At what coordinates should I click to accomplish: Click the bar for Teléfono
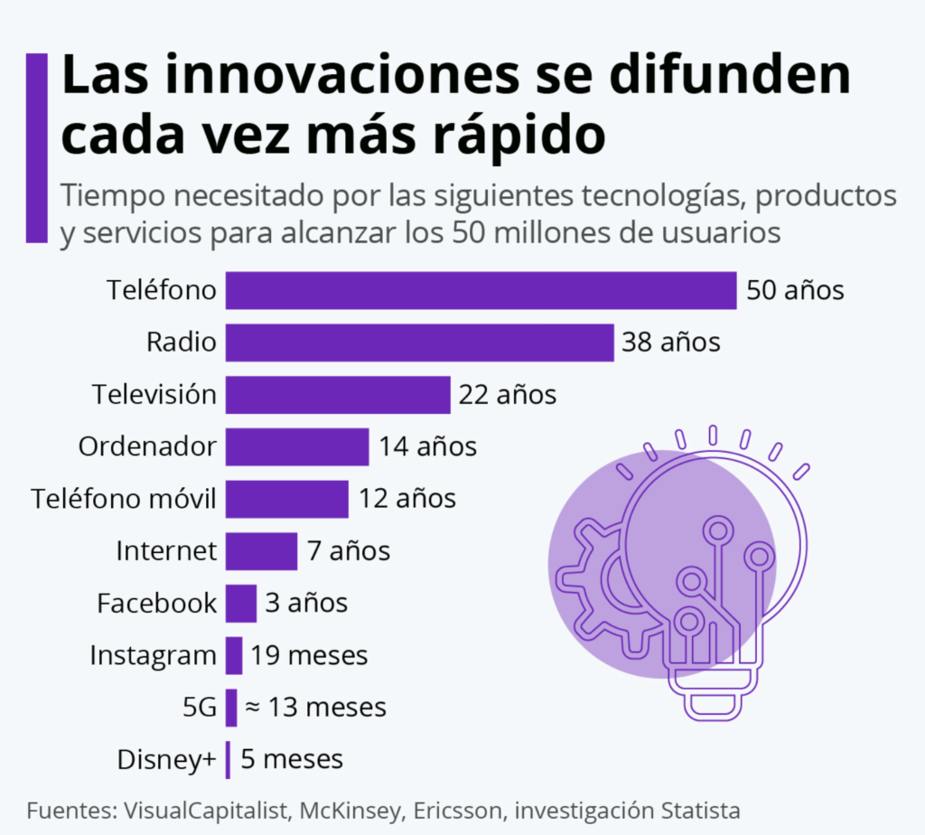(481, 291)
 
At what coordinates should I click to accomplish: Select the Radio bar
(419, 342)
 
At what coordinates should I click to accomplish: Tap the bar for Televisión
(338, 395)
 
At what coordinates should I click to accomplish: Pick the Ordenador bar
(297, 446)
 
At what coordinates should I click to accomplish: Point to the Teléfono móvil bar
(286, 499)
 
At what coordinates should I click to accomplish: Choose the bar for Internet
(261, 551)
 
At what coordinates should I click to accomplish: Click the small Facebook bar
(241, 603)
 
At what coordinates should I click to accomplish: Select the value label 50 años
(795, 291)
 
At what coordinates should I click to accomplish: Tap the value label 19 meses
(309, 655)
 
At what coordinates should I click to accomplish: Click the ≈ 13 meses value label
(315, 708)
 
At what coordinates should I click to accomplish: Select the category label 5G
(200, 708)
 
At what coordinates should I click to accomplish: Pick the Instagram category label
(153, 655)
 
